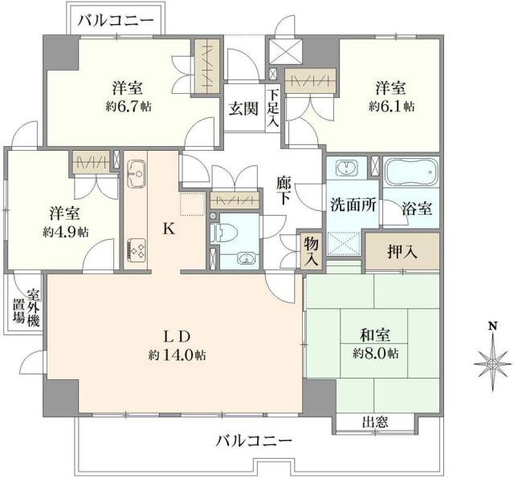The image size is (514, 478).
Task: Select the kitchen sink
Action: click(x=136, y=172)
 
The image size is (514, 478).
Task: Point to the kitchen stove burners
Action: click(x=134, y=249)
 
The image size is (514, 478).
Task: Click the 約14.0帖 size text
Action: click(x=176, y=354)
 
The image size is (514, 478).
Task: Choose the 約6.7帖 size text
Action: click(x=128, y=105)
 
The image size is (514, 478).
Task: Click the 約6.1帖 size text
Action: click(x=391, y=105)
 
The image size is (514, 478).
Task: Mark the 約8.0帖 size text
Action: click(x=375, y=354)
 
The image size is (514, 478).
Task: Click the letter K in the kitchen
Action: click(x=169, y=229)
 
